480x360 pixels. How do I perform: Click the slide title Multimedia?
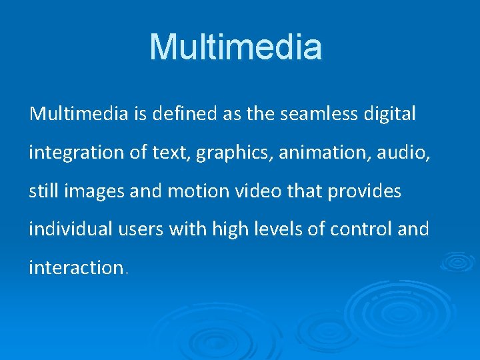235,47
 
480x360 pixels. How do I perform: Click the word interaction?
75,267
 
